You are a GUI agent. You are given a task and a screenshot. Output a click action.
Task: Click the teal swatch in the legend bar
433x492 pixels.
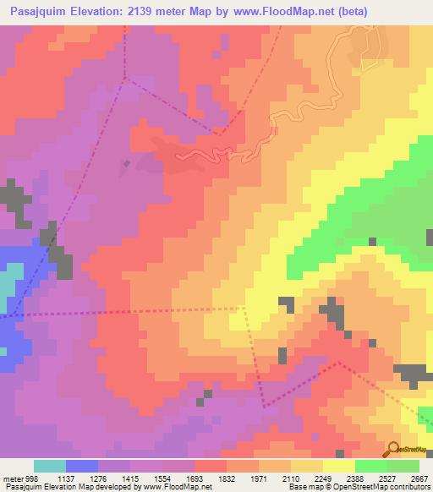tap(50, 466)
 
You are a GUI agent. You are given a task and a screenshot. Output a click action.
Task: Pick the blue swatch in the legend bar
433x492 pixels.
tap(82, 466)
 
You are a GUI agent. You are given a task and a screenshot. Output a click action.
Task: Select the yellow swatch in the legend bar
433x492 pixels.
tap(339, 466)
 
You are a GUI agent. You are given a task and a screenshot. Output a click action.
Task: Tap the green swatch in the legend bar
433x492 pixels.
tap(371, 466)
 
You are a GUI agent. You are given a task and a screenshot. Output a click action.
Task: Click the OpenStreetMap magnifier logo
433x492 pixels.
tap(392, 450)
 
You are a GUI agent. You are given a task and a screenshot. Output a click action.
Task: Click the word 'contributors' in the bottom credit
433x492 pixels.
tap(412, 488)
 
